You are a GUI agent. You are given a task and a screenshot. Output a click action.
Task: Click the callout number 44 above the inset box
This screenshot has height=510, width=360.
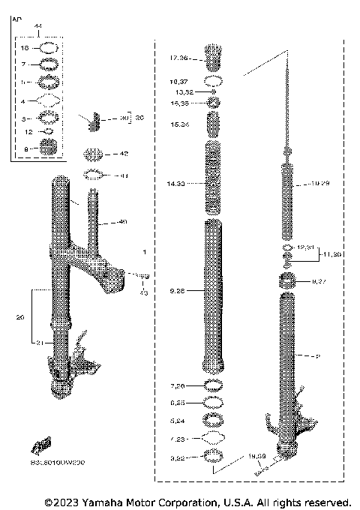coord(38,25)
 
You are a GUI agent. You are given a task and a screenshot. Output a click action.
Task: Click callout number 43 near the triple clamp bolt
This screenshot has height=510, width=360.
coord(143,292)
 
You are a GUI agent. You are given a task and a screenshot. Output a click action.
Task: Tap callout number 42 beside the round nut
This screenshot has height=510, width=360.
coord(124,154)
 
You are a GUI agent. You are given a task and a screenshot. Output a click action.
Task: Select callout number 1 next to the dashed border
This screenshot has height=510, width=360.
coord(144,252)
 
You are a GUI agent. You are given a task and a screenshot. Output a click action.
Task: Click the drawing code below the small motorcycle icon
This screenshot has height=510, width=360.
coord(58,463)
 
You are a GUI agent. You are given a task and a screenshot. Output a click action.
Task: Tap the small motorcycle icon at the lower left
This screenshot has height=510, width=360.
coord(41,445)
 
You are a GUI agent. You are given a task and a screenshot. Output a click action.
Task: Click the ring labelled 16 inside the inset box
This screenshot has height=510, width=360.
coord(48,46)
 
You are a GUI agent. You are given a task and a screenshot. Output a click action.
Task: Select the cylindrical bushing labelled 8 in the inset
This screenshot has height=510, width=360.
coord(49,148)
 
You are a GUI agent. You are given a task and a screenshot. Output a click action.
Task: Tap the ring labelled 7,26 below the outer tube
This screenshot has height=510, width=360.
coord(212,385)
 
